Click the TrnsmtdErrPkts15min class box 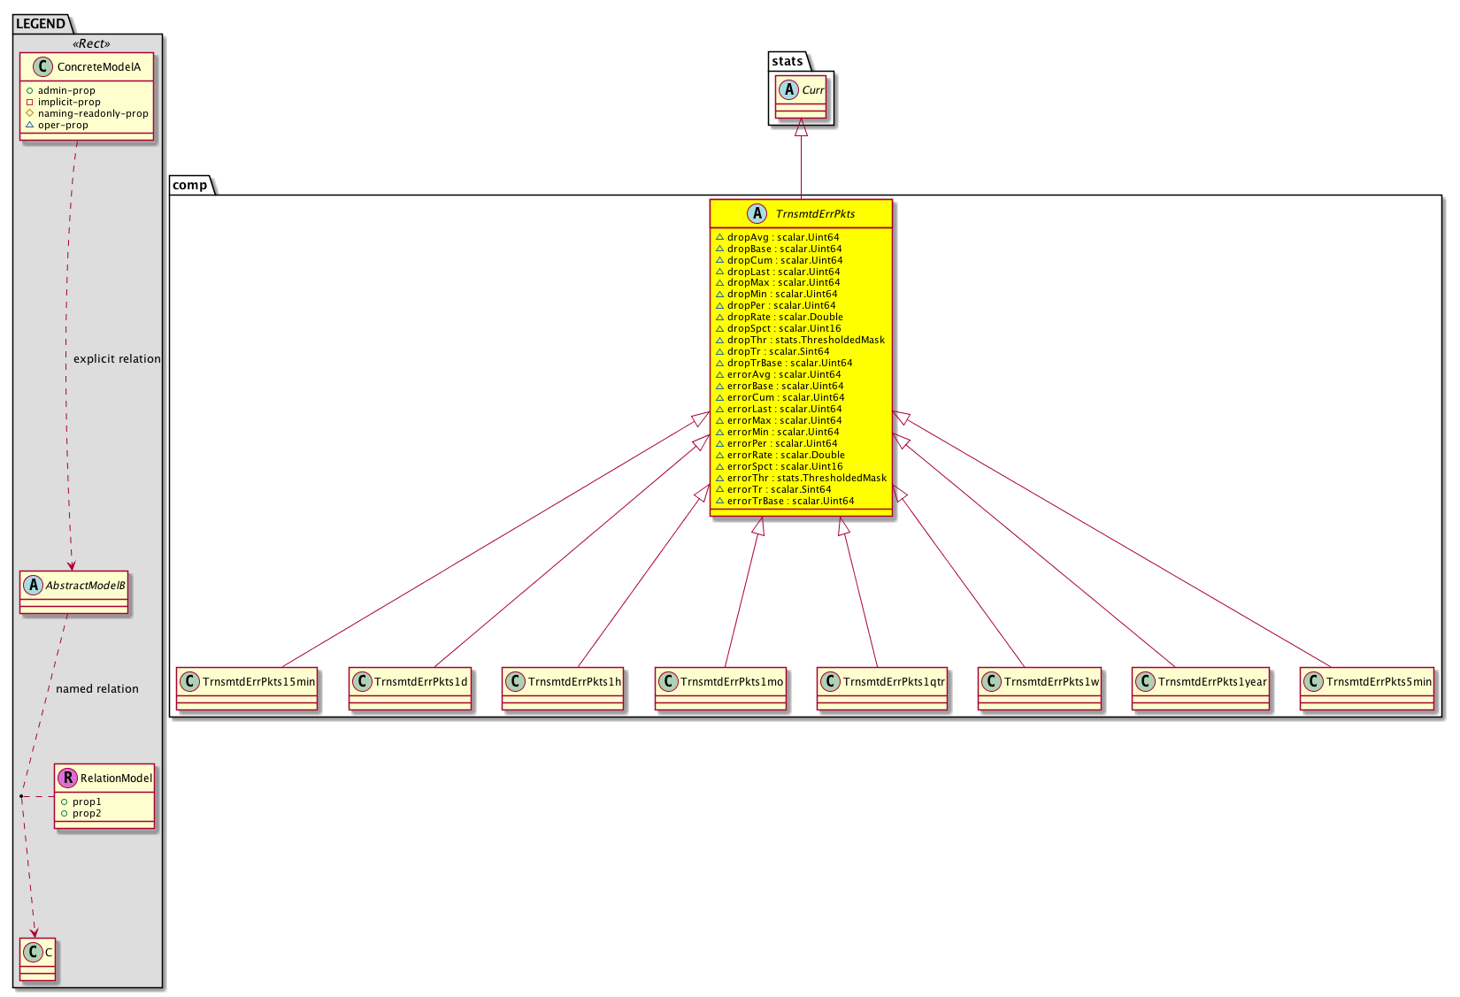[x=247, y=688]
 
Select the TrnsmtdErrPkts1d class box [x=410, y=688]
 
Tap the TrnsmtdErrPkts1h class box [x=563, y=688]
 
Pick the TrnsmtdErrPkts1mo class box [x=721, y=688]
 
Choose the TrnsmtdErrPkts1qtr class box [x=882, y=688]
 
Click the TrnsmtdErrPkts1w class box [x=1040, y=688]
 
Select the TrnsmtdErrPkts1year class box [x=1201, y=688]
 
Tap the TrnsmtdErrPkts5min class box [x=1367, y=688]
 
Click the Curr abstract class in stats [x=801, y=97]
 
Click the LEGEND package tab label [x=41, y=24]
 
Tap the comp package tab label [x=189, y=185]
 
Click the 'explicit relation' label [x=118, y=359]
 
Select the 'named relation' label [x=97, y=689]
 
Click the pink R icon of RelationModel [x=67, y=778]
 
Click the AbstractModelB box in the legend [x=73, y=593]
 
